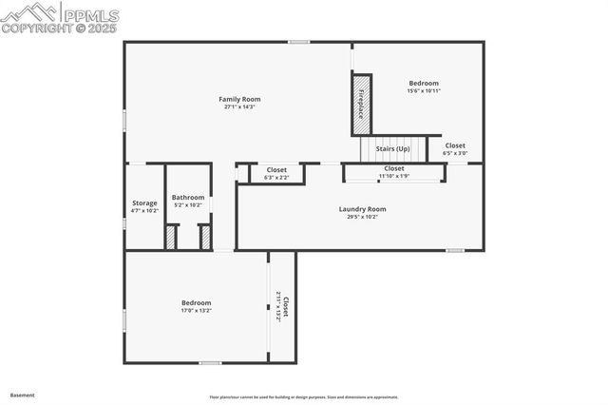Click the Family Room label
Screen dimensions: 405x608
(x=239, y=99)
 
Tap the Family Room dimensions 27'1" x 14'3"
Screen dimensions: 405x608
(x=239, y=106)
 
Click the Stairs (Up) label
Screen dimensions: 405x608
(x=392, y=149)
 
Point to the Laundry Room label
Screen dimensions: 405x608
(x=362, y=209)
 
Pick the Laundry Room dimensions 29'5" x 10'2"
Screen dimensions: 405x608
(x=362, y=217)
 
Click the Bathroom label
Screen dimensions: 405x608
(x=188, y=198)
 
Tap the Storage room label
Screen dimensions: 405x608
(x=144, y=202)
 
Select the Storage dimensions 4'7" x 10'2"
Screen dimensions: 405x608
(x=144, y=210)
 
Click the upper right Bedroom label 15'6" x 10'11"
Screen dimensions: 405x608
(x=424, y=84)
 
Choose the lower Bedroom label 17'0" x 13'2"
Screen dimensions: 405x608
(x=196, y=303)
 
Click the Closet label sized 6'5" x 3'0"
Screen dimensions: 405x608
(x=455, y=145)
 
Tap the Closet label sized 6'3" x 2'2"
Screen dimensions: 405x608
(x=276, y=169)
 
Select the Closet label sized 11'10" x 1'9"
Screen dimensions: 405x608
(x=393, y=168)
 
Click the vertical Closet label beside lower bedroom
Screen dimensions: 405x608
(x=286, y=307)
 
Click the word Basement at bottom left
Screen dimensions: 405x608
(x=23, y=395)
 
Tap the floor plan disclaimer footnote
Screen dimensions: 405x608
(x=303, y=397)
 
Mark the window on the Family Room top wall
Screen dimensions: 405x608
(x=299, y=41)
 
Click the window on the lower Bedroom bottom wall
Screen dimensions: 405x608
(x=210, y=363)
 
